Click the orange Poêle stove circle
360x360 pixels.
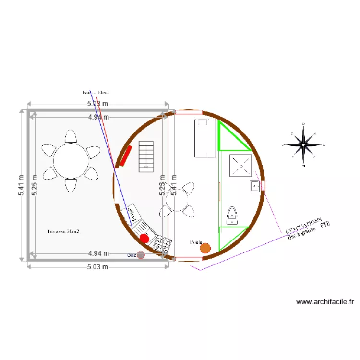click(205, 248)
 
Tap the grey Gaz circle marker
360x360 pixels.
click(141, 255)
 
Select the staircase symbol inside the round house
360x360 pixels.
click(146, 156)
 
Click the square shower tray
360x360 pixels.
click(240, 165)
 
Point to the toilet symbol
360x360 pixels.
click(232, 215)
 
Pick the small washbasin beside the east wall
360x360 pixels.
click(254, 186)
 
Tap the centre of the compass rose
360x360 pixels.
click(303, 144)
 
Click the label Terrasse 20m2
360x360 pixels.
click(63, 231)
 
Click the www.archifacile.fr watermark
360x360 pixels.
click(325, 302)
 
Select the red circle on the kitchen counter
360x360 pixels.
click(144, 238)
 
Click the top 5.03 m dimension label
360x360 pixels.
click(97, 104)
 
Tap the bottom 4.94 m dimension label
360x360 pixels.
click(98, 253)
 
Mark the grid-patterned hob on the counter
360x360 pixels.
click(162, 244)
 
